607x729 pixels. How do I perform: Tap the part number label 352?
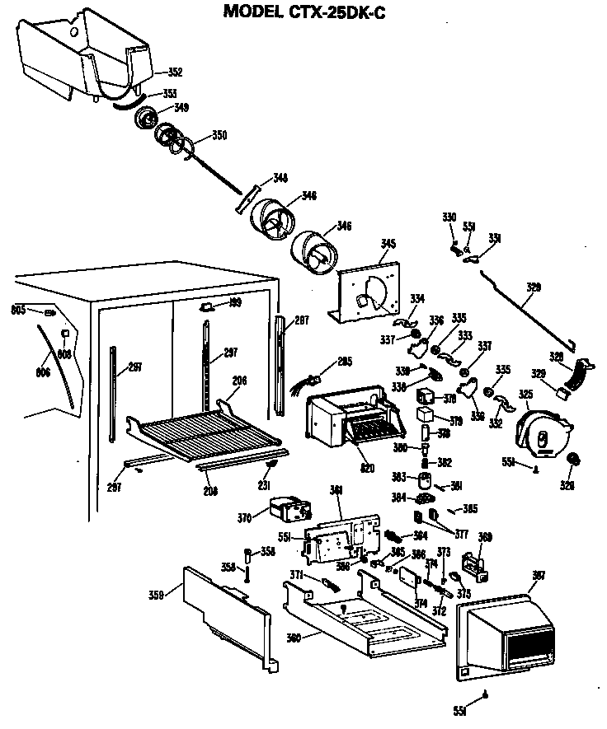pos(175,71)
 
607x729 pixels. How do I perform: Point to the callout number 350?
pos(219,134)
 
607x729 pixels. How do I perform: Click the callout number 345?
pos(388,243)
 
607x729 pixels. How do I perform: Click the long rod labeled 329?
pos(520,305)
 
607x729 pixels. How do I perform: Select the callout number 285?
pos(344,361)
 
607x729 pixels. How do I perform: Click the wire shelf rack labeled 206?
pos(206,432)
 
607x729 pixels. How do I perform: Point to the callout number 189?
pos(235,303)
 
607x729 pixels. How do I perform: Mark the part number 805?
pos(17,310)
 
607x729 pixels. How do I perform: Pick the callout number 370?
pos(244,518)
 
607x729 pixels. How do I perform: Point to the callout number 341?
pos(336,490)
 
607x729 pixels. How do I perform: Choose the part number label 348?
pos(280,178)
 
